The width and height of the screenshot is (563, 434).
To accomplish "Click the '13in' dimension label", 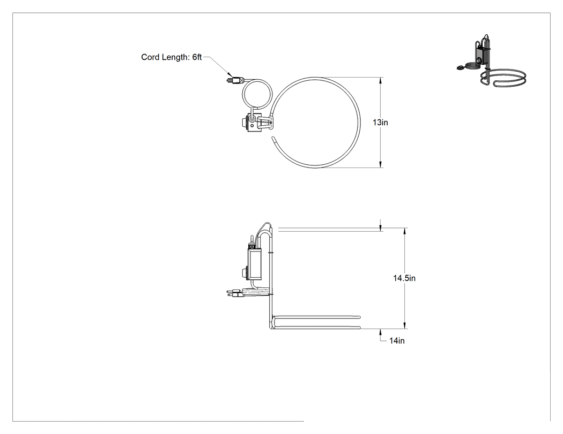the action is point(380,123).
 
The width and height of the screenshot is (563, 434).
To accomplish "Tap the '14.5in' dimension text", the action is point(404,278).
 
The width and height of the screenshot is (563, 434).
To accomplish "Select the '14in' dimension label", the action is point(397,341).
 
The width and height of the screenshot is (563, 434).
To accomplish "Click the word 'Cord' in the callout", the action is point(150,57).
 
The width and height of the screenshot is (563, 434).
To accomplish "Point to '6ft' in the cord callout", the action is point(197,57).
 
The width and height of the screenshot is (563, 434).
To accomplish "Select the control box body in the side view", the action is point(255,263).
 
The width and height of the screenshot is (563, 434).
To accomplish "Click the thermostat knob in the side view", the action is point(245,272).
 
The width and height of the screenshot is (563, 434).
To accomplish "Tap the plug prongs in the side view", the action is point(230,293).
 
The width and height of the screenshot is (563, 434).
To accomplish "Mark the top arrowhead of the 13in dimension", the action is point(381,80).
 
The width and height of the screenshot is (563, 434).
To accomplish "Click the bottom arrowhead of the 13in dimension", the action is point(381,164).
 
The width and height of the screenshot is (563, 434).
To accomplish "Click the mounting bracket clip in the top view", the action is point(266,123).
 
